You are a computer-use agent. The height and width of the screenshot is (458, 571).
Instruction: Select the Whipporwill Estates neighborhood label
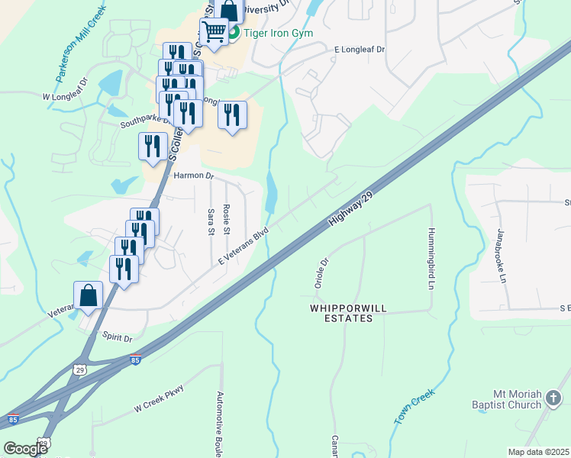coord(341,313)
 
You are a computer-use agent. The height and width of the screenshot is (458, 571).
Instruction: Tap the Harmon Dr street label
coord(194,176)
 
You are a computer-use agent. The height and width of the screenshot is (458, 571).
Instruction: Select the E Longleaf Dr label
coord(360,49)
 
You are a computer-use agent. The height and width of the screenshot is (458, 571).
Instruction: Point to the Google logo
coord(26,449)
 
